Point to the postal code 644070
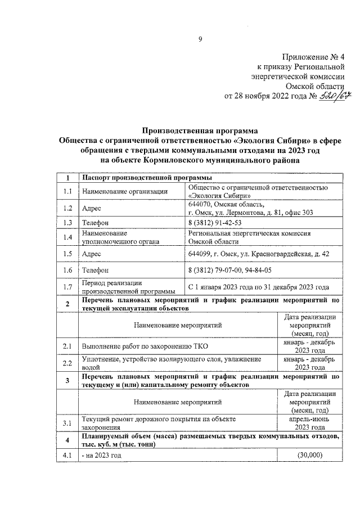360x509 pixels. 201,204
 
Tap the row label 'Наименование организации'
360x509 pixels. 117,192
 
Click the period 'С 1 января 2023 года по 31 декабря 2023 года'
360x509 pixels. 258,287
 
